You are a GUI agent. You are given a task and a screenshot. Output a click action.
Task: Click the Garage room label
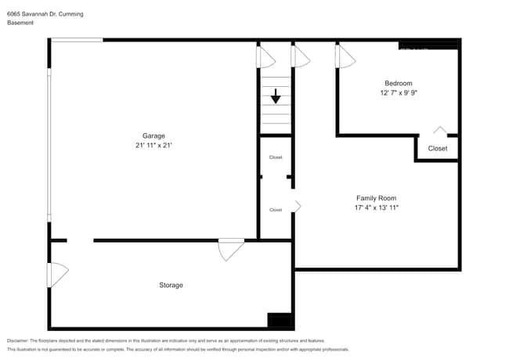[153, 135]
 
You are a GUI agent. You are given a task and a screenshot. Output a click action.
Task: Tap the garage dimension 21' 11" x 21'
[153, 146]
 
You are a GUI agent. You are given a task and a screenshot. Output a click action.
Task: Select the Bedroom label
[398, 83]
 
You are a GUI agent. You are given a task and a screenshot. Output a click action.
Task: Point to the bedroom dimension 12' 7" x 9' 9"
[398, 93]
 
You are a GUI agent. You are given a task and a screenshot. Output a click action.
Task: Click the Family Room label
[377, 198]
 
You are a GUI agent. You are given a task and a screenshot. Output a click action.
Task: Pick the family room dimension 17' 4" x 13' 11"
[377, 208]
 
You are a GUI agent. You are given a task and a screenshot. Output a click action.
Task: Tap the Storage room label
[171, 285]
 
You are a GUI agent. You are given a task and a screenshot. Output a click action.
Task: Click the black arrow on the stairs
[276, 97]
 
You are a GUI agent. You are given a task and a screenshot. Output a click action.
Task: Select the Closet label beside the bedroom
[438, 148]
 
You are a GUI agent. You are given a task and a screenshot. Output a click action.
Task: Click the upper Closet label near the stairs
[276, 157]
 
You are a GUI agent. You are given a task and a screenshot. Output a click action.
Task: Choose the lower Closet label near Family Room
[276, 210]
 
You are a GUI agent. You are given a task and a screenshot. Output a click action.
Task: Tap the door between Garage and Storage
[231, 249]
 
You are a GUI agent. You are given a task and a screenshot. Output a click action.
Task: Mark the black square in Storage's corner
[280, 319]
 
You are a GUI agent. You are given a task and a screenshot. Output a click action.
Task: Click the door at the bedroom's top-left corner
[345, 56]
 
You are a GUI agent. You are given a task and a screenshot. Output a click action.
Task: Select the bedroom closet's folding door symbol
[440, 131]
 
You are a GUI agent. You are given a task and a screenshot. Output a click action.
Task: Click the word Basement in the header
[20, 23]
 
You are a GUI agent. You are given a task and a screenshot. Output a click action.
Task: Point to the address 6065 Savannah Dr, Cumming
[45, 14]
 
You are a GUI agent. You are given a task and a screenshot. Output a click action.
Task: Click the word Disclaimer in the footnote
[17, 340]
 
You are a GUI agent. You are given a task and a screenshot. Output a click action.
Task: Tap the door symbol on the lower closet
[297, 206]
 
